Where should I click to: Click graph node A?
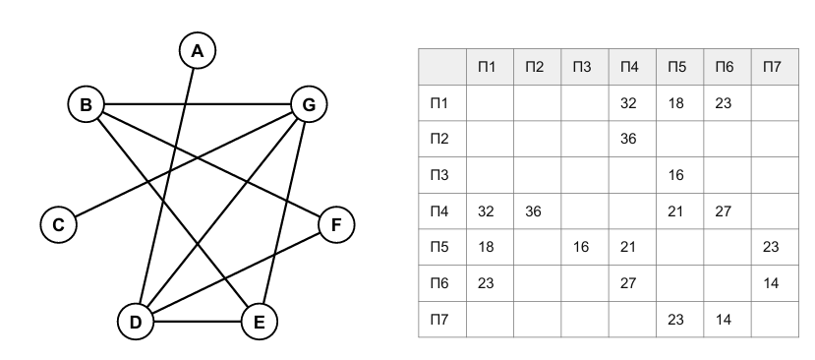[197, 50]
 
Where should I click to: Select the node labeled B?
[86, 104]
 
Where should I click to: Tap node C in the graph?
[58, 224]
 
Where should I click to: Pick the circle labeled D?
[135, 322]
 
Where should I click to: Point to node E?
[259, 322]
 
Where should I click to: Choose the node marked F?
[336, 224]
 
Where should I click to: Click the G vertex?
[309, 104]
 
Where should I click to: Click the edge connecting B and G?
[198, 104]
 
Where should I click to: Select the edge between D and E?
[197, 322]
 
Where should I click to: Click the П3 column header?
[582, 67]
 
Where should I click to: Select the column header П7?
[772, 67]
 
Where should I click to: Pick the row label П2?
[439, 139]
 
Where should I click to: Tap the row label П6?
[439, 283]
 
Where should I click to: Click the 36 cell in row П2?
[628, 139]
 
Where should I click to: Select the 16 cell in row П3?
[675, 175]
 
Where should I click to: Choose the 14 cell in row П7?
[723, 319]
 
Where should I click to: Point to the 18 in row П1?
[675, 103]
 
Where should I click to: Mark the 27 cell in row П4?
[723, 210]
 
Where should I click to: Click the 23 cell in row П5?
[771, 247]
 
